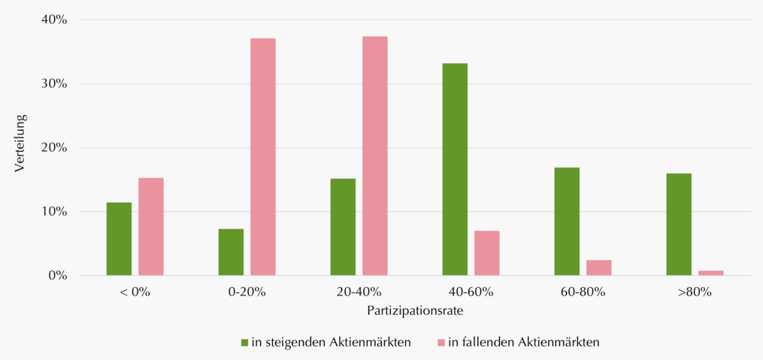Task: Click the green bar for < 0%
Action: point(119,239)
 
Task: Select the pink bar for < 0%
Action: point(151,227)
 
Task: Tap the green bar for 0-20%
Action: point(231,253)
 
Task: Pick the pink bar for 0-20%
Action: point(263,157)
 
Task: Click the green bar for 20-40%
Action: point(343,227)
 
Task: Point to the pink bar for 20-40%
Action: point(374,156)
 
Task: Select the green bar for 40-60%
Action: point(455,170)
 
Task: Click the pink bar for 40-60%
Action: point(487,253)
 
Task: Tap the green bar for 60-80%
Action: point(567,222)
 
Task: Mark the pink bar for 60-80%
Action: point(599,268)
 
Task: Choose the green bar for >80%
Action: point(679,225)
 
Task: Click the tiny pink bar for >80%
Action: point(711,274)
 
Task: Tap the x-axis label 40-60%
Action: point(471,293)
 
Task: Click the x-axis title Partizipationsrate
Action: point(415,311)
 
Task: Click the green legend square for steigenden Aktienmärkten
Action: point(245,343)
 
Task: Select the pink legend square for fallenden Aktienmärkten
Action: point(441,343)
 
